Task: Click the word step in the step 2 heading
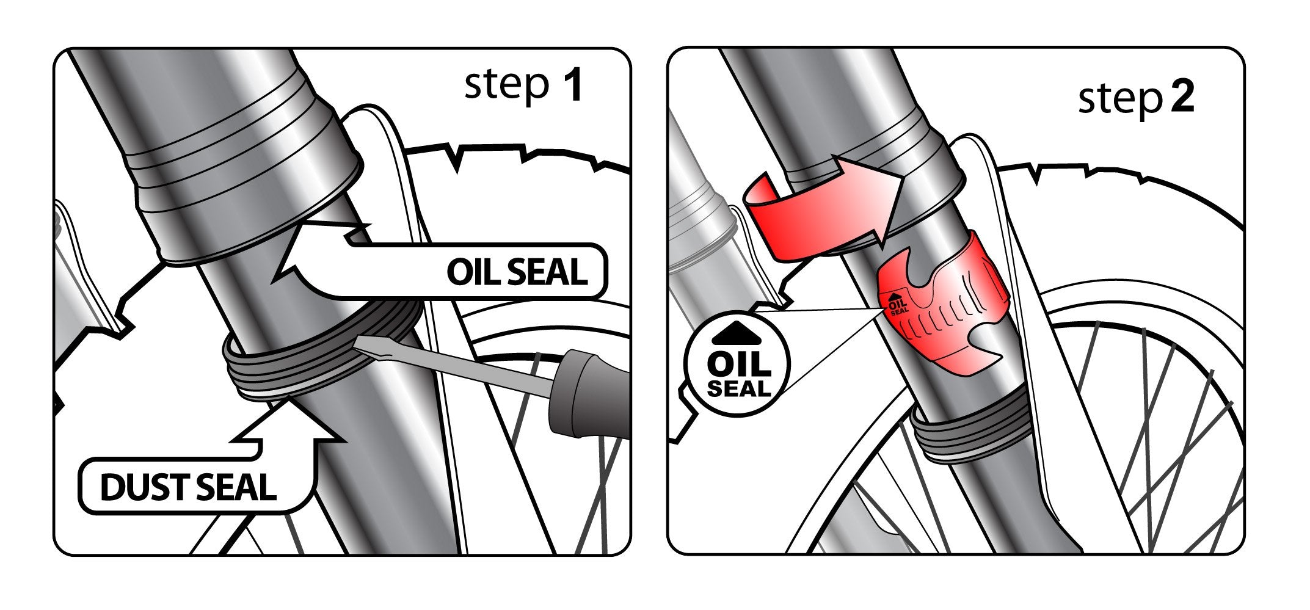pyautogui.click(x=1119, y=99)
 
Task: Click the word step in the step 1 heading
pyautogui.click(x=506, y=85)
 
